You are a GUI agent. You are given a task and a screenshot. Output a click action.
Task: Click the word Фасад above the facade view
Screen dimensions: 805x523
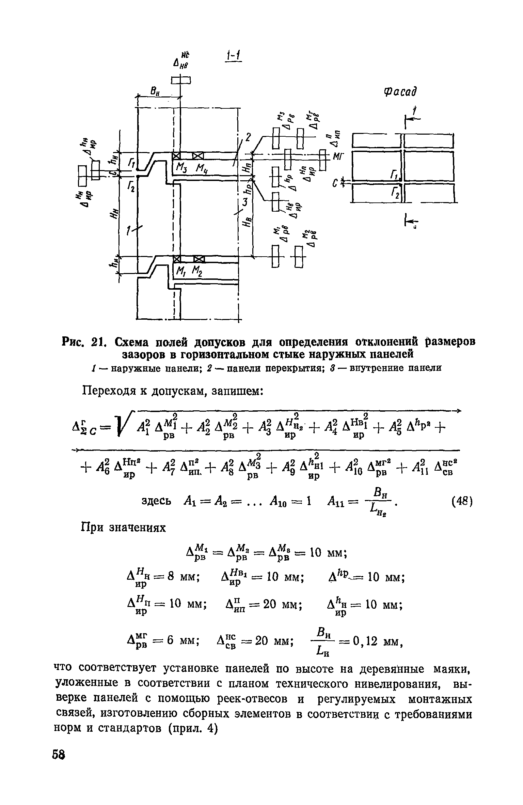[400, 92]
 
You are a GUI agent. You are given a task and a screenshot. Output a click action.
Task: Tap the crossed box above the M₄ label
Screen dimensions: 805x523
[198, 156]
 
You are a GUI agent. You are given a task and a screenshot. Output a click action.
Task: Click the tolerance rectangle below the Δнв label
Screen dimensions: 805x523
[181, 81]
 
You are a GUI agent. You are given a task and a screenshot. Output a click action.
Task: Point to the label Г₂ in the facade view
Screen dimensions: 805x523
[395, 194]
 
